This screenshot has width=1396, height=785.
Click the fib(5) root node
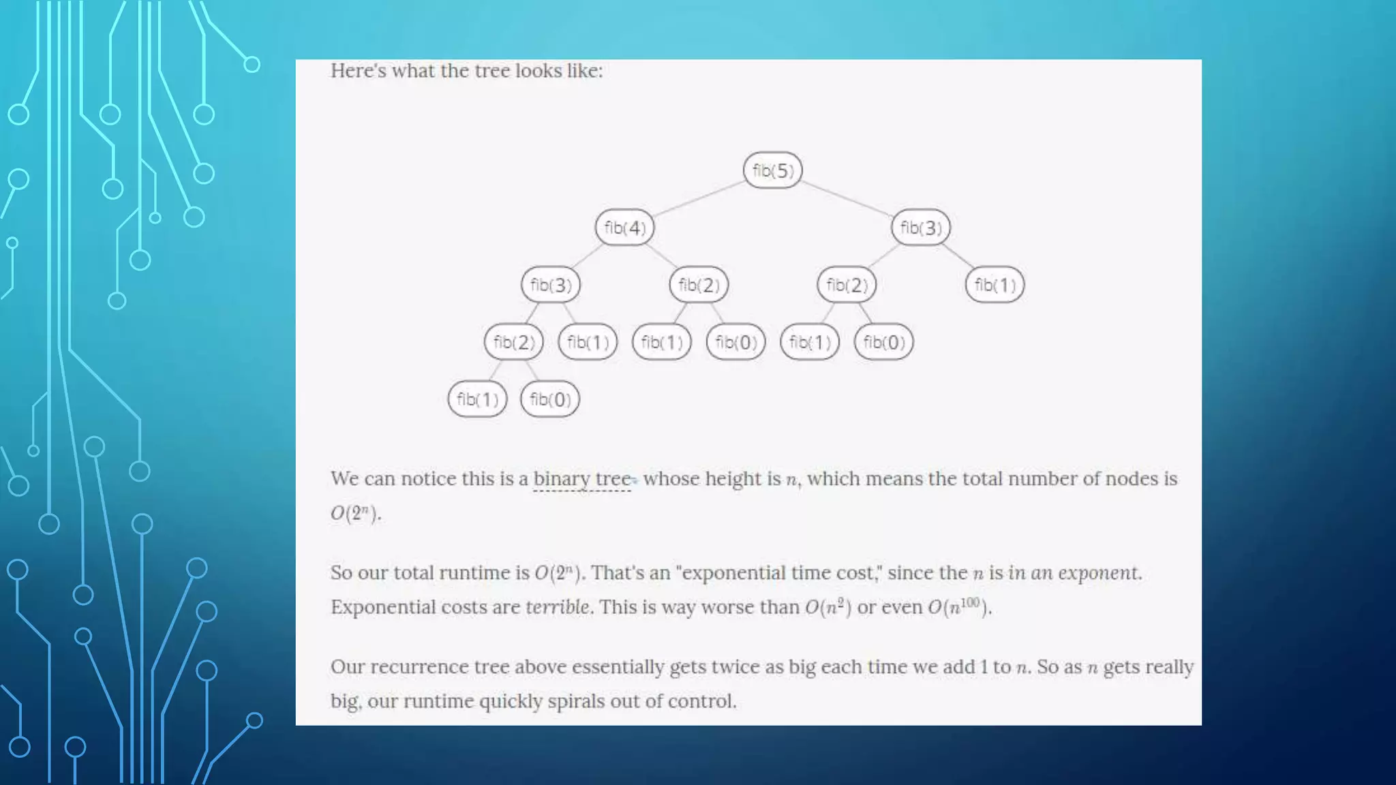coord(772,170)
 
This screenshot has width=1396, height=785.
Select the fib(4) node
coord(624,228)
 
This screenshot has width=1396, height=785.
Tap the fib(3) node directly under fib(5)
coord(920,228)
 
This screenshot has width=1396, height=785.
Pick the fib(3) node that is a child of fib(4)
coord(551,285)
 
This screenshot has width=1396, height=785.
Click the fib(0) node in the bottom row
coord(550,399)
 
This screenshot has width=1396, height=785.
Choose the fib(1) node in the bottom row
coord(477,399)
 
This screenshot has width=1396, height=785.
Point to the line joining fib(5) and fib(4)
coord(698,199)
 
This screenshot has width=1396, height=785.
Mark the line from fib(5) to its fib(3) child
coord(847,199)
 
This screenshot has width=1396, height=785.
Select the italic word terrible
coord(557,606)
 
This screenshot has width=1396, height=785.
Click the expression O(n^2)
coord(828,606)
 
